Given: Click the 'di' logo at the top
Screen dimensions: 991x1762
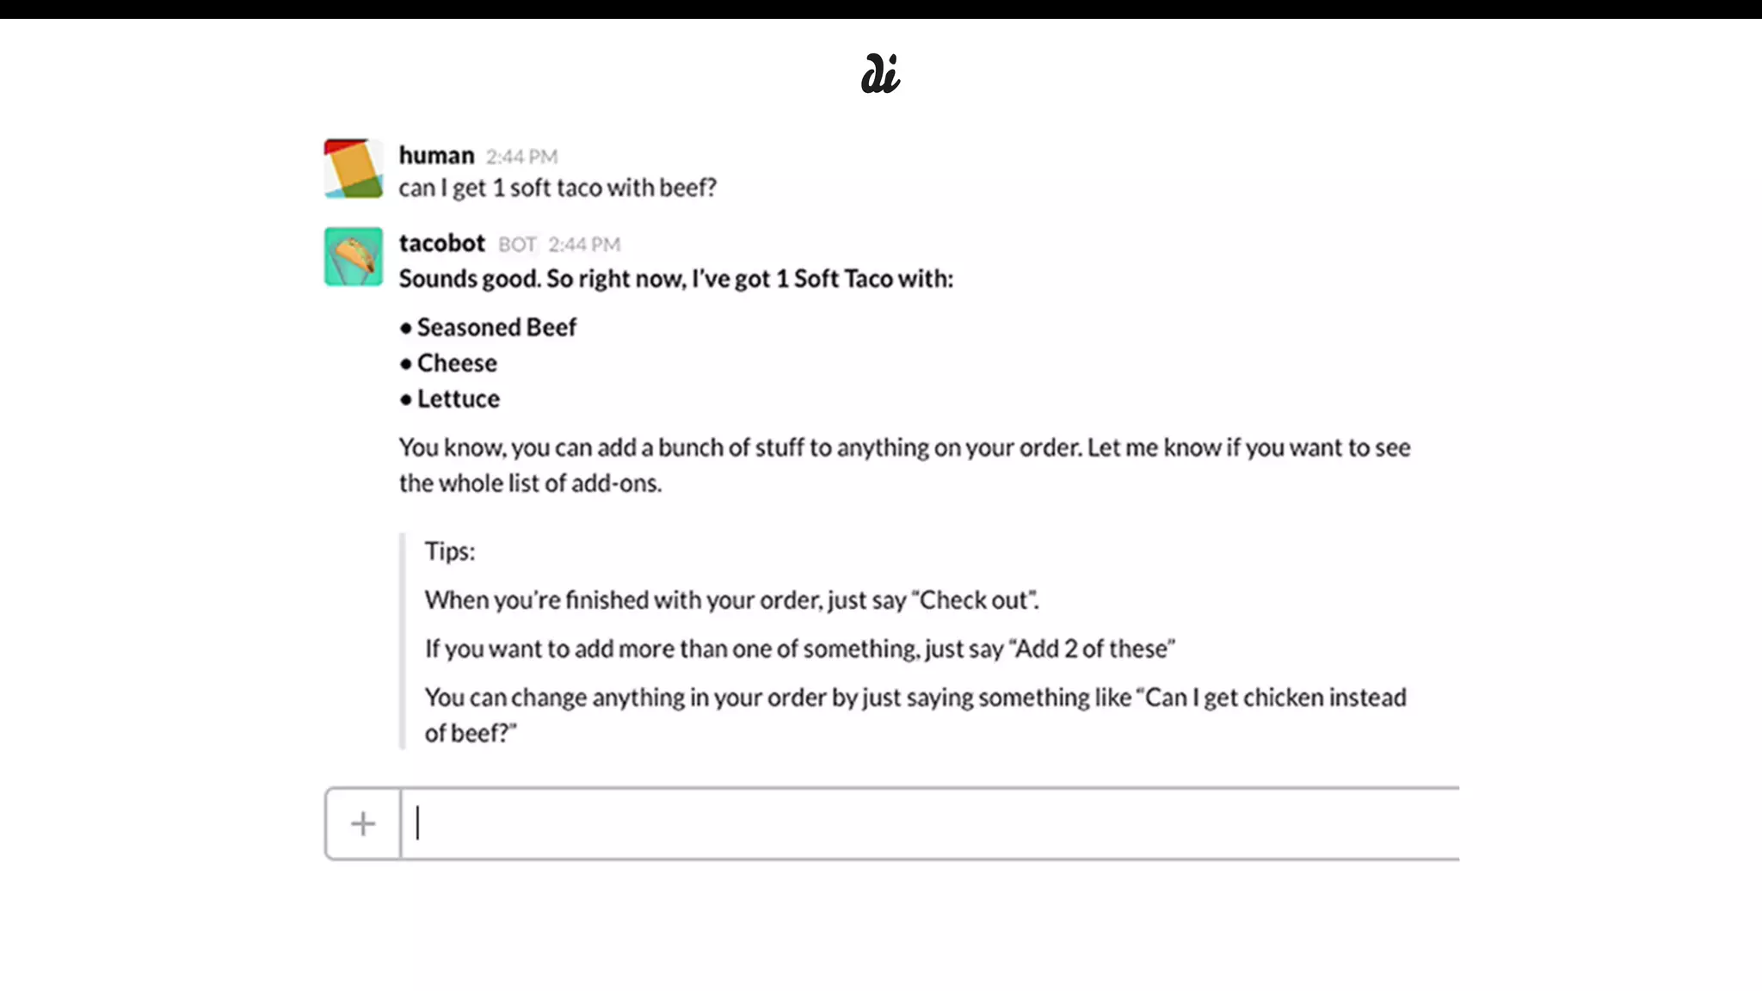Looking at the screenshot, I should coord(880,74).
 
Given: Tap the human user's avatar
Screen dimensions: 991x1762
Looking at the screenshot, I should coord(354,169).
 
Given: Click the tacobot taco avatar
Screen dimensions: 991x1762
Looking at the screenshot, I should coord(354,256).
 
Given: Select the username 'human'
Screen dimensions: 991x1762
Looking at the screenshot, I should coord(436,156).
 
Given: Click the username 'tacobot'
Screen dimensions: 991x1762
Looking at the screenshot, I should coord(441,243).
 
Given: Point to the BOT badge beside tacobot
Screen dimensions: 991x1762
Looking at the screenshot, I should coord(517,245).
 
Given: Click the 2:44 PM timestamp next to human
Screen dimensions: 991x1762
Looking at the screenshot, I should coord(521,157).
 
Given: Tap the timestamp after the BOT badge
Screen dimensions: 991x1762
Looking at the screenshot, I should coord(584,245).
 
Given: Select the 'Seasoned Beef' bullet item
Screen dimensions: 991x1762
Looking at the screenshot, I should coord(496,328).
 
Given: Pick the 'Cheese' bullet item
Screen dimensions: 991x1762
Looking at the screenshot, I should coord(457,364).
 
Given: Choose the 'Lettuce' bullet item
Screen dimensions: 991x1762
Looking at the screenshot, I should coord(458,399).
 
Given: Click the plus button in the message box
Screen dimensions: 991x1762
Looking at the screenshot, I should coord(363,824).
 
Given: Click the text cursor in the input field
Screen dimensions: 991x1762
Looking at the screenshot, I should coord(418,823).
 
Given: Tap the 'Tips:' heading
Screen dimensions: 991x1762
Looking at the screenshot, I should coord(449,551).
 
